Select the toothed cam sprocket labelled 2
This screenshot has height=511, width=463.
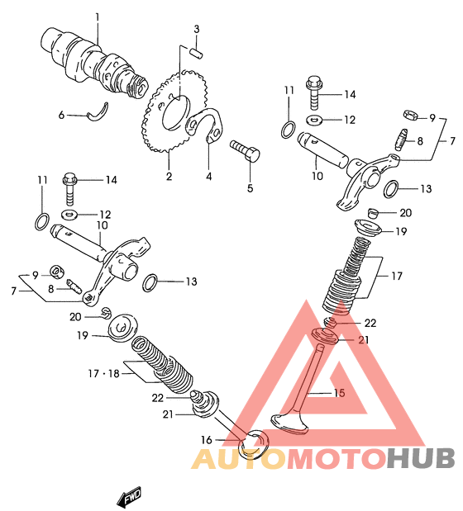pyautogui.click(x=173, y=111)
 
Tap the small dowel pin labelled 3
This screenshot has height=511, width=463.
pyautogui.click(x=197, y=53)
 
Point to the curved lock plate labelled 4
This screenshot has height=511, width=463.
pyautogui.click(x=205, y=125)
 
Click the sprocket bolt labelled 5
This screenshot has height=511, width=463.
pyautogui.click(x=245, y=150)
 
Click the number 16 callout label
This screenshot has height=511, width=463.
pyautogui.click(x=206, y=440)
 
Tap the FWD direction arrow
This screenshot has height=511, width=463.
pyautogui.click(x=130, y=497)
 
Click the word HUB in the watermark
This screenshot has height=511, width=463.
pyautogui.click(x=421, y=458)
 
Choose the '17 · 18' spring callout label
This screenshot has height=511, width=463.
pyautogui.click(x=103, y=373)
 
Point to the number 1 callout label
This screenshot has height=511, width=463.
pyautogui.click(x=97, y=17)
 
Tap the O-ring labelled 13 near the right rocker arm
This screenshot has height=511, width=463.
pyautogui.click(x=391, y=189)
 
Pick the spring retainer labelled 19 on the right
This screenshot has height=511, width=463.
pyautogui.click(x=368, y=229)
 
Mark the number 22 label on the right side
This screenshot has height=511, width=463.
pyautogui.click(x=370, y=323)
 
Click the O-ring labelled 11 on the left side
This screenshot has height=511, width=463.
pyautogui.click(x=42, y=221)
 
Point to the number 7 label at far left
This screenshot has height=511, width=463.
pyautogui.click(x=13, y=291)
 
